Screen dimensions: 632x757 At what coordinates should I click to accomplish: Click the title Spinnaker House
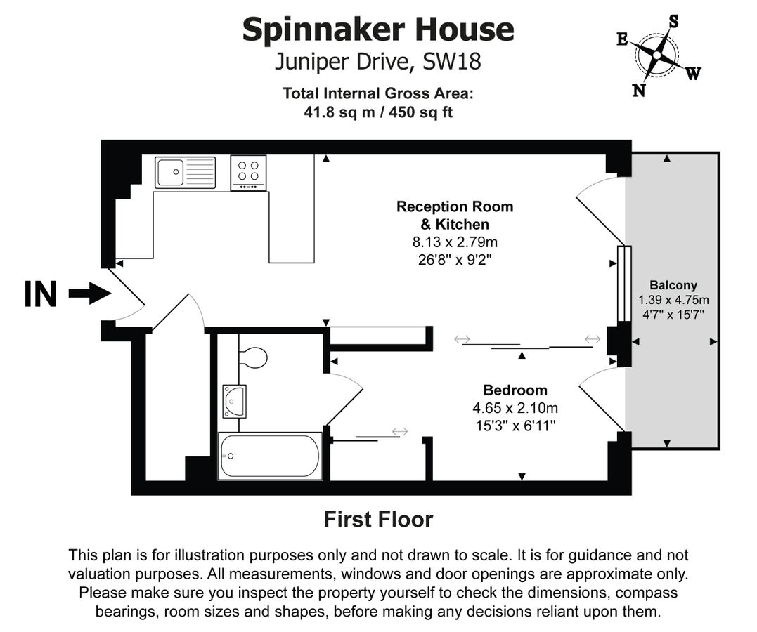point(378,30)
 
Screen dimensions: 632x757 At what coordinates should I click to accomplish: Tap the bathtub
point(270,456)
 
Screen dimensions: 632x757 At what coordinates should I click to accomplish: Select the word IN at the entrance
point(40,294)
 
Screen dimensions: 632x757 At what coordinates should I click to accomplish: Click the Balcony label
point(673,285)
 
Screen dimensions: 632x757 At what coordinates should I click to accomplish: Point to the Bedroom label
point(515,390)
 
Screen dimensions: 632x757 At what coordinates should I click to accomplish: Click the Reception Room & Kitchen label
point(455,216)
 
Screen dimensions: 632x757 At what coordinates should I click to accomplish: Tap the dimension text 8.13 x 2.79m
point(455,242)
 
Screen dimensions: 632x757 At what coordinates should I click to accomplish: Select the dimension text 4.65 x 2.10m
point(515,408)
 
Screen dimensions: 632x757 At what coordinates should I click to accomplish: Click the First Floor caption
point(378,520)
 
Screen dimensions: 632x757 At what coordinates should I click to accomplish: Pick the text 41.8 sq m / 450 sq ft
point(378,112)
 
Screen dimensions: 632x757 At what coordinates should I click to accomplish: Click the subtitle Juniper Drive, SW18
point(378,62)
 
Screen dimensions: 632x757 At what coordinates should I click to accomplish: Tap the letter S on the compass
point(673,21)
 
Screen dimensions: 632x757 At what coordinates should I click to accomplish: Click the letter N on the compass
point(639,90)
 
